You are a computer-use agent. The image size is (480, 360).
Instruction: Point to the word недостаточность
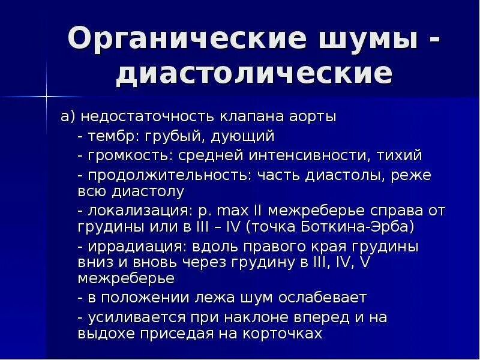coord(148,116)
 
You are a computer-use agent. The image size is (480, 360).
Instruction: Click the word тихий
coord(400,155)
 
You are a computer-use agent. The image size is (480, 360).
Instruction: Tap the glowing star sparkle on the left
coord(46,95)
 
